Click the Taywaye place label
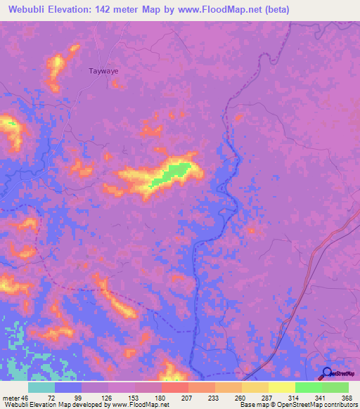[x=103, y=71]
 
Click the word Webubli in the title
[x=30, y=10]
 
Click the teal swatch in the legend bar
[x=41, y=387]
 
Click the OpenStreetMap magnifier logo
[x=327, y=373]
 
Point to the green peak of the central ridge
[x=177, y=169]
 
